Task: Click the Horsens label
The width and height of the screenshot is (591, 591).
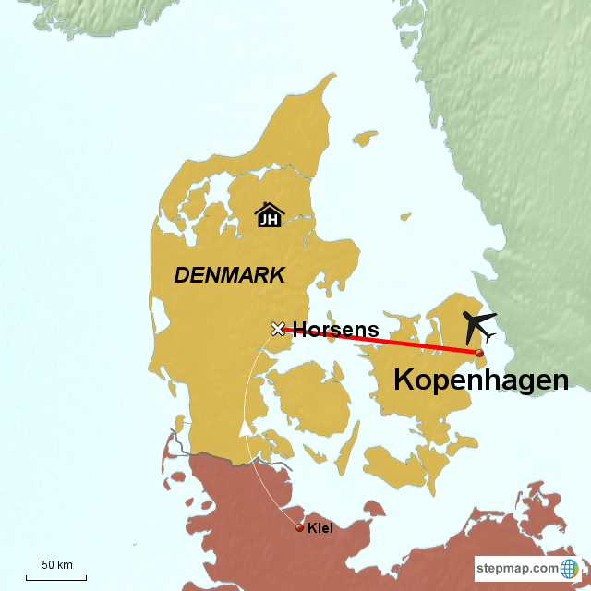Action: point(335,330)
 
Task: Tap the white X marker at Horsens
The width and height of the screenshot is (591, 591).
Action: point(277,328)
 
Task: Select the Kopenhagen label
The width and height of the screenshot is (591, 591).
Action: point(481,380)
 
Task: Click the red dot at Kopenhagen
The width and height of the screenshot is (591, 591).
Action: point(479,353)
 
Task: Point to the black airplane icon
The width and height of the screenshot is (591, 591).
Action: point(479,325)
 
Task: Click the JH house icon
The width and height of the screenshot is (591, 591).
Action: point(269,214)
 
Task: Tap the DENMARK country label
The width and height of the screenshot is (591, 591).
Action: point(230,274)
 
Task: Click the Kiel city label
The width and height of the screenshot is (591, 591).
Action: point(320,528)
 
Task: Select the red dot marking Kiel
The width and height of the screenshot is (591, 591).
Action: point(299,527)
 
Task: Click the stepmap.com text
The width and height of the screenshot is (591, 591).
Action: point(517,568)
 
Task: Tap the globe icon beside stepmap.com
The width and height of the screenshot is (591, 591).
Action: point(570,568)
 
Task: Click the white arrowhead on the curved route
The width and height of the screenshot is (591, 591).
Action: point(246,428)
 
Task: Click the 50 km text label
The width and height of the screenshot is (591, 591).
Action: point(56,565)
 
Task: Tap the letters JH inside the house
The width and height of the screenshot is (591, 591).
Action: point(269,220)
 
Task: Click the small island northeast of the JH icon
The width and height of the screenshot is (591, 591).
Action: point(366,139)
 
